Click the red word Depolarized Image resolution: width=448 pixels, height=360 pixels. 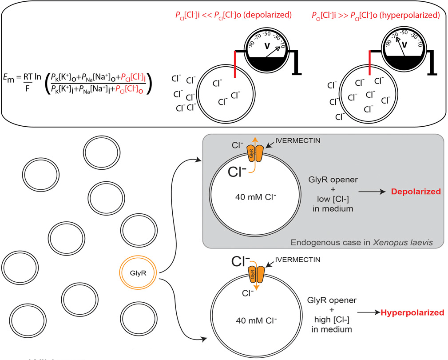tap(416, 192)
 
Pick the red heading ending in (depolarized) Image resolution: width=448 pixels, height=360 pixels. tap(233, 15)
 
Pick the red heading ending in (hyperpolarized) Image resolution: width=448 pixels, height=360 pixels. tap(376, 15)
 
